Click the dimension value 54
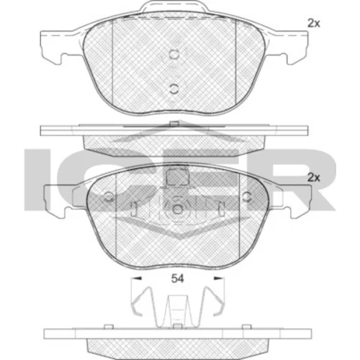[177, 279]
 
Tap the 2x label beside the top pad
[314, 23]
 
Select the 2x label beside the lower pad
[314, 178]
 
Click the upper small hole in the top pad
[174, 54]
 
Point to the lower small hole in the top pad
[174, 89]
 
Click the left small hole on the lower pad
[109, 197]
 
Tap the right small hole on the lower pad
[246, 197]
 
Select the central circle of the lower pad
[177, 209]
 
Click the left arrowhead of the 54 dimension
[136, 279]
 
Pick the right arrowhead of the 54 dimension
[219, 279]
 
